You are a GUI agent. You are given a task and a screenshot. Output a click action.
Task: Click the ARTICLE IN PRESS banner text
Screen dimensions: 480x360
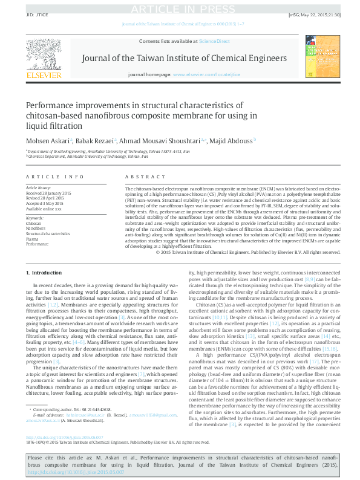click(x=180, y=8)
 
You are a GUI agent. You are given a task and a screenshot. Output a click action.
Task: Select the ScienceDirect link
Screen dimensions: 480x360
click(x=214, y=41)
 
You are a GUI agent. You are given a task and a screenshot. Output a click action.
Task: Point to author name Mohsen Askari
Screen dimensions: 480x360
click(x=47, y=141)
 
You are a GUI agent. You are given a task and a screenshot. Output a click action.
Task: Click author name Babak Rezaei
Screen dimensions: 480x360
click(x=96, y=141)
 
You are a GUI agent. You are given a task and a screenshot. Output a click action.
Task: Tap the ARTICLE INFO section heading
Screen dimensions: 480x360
click(x=54, y=177)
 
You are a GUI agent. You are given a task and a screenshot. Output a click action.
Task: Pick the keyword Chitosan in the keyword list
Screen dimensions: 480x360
click(x=34, y=223)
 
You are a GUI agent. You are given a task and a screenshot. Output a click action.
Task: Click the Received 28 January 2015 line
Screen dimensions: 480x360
click(x=48, y=193)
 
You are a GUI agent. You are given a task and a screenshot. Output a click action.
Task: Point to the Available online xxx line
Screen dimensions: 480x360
click(x=44, y=208)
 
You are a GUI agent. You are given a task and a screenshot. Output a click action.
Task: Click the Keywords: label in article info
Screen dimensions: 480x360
click(x=35, y=218)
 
